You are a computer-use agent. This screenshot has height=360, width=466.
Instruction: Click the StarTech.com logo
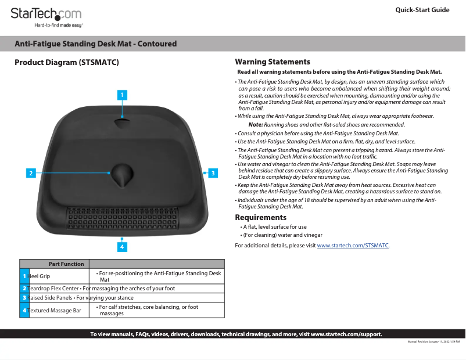coord(46,16)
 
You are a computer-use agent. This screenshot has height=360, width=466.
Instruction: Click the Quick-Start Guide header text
coord(422,10)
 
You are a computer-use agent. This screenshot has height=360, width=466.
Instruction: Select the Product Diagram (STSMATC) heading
coord(67,62)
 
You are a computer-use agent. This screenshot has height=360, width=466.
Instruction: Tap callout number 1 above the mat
coord(122,94)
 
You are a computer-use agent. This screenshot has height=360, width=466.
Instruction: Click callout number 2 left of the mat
coord(31,172)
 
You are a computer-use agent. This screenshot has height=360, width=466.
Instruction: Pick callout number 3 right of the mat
coord(213,172)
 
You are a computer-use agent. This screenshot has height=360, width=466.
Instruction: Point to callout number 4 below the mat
coord(122,247)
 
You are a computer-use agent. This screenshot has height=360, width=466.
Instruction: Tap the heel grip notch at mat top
coord(122,124)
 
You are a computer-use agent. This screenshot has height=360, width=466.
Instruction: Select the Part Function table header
coord(66,264)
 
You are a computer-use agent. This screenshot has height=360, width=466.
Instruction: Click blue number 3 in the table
coord(24,298)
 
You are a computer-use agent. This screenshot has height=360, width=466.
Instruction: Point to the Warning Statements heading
coord(272,62)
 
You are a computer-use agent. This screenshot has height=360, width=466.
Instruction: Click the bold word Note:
coord(255,125)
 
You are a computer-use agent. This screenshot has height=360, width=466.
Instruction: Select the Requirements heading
coord(260,217)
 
